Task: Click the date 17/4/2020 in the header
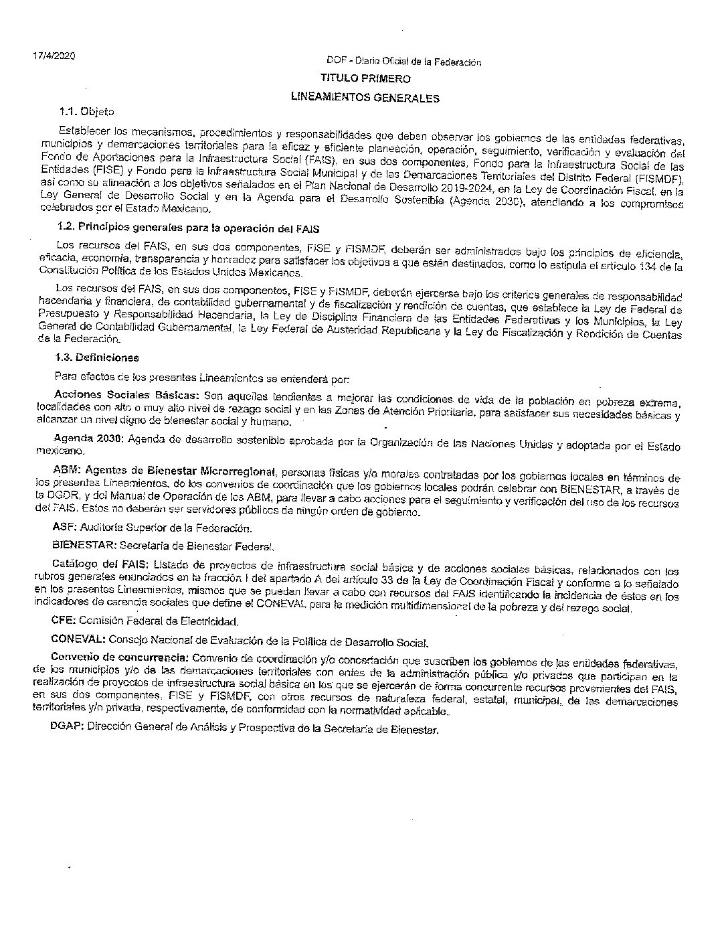pos(54,56)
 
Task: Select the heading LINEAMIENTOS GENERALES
pos(365,98)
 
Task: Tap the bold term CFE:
pos(64,621)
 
